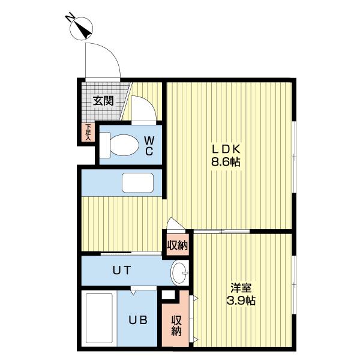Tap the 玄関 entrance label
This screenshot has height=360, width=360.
[x=103, y=100]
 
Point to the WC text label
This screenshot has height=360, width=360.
[x=149, y=145]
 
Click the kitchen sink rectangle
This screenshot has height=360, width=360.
[x=138, y=182]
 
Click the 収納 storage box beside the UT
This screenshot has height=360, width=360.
[x=177, y=244]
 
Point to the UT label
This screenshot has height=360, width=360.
[x=122, y=269]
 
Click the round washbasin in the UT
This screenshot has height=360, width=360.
[x=179, y=273]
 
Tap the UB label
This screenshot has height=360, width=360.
[x=140, y=319]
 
